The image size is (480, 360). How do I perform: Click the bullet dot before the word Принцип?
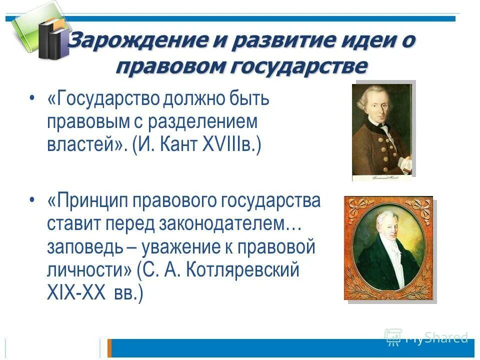point(32,200)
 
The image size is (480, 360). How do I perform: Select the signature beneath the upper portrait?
point(381,177)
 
